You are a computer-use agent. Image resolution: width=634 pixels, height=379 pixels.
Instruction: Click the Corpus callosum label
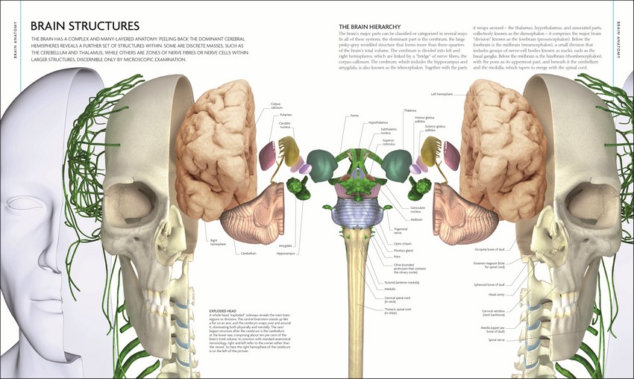(x=275, y=107)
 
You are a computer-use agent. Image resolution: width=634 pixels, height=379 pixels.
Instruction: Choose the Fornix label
(x=354, y=116)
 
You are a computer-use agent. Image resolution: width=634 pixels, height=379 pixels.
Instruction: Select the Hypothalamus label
(x=378, y=122)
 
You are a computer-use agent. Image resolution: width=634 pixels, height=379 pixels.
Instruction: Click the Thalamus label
(x=410, y=110)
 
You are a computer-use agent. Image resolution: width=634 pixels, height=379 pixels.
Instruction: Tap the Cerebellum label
(x=248, y=254)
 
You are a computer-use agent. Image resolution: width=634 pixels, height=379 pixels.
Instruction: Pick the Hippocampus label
(x=286, y=253)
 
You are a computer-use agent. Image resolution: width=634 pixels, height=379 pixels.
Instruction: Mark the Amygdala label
(x=285, y=245)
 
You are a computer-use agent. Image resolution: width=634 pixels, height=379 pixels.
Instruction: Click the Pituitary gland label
(x=404, y=249)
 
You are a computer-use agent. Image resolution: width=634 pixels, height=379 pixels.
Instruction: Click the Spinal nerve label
(x=497, y=339)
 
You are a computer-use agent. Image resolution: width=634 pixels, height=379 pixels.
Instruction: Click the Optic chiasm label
(x=402, y=243)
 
